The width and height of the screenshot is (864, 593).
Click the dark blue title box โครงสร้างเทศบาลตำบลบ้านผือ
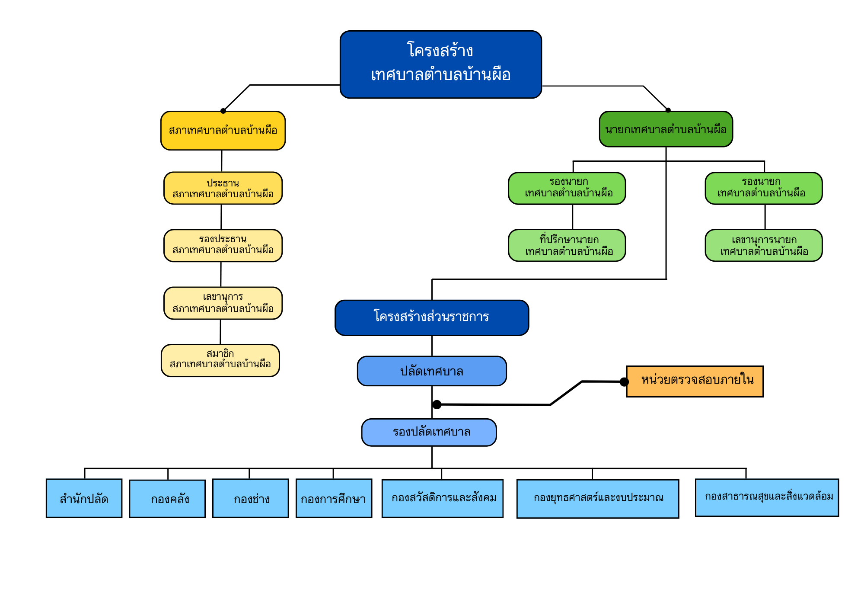pos(440,64)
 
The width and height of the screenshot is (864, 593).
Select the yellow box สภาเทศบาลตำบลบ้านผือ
pos(223,131)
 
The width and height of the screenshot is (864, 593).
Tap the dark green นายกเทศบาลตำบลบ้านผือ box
pos(666,129)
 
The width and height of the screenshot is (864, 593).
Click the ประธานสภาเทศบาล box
pos(223,188)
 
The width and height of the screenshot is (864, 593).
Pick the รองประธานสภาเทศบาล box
pos(223,245)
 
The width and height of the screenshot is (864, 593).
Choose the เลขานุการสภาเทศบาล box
pos(223,303)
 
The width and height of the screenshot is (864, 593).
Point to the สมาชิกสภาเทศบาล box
pos(220,360)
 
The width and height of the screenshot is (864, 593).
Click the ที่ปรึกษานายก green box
pos(567,245)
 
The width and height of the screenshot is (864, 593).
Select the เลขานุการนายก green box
pos(763,245)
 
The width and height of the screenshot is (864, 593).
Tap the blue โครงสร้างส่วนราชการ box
pos(431,317)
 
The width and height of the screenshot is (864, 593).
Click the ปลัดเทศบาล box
pos(431,371)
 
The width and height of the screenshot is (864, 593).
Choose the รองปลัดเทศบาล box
pos(429,432)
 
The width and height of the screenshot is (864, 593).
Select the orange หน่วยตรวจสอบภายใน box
pos(695,381)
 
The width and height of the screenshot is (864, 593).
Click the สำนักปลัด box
pos(84,498)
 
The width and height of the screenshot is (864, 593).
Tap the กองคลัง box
pos(167,499)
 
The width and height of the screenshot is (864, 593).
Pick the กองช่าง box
pos(250,498)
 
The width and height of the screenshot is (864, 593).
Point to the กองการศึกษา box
pos(334,498)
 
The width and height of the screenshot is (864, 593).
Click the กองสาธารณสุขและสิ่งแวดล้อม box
pos(767,497)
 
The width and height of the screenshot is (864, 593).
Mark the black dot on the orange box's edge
pos(624,381)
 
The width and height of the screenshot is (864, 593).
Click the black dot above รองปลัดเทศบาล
pos(437,404)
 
